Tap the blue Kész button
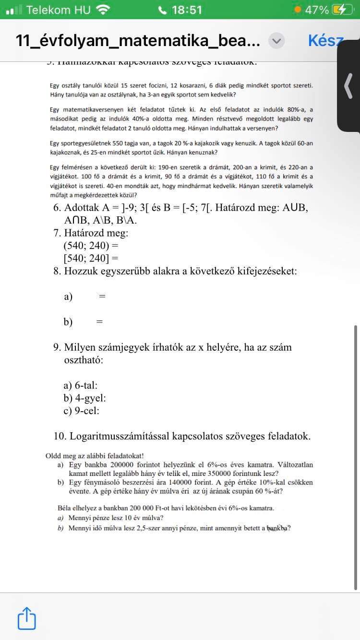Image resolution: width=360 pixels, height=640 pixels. click(x=325, y=41)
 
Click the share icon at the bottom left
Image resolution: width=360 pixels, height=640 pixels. click(x=27, y=618)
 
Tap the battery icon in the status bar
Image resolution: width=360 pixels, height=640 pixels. click(x=343, y=10)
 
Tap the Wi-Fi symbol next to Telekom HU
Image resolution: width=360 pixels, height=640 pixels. click(x=102, y=10)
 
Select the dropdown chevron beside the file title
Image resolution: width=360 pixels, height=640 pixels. click(x=276, y=41)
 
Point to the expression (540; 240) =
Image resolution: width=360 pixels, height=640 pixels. click(x=91, y=246)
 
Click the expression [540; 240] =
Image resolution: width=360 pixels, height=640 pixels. click(x=91, y=258)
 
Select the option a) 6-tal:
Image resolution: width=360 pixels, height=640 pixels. click(x=81, y=385)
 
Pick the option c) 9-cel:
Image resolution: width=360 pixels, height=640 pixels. click(x=82, y=411)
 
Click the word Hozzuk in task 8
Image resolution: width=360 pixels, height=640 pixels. click(x=87, y=271)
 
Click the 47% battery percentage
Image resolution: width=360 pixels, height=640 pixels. click(x=317, y=10)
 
